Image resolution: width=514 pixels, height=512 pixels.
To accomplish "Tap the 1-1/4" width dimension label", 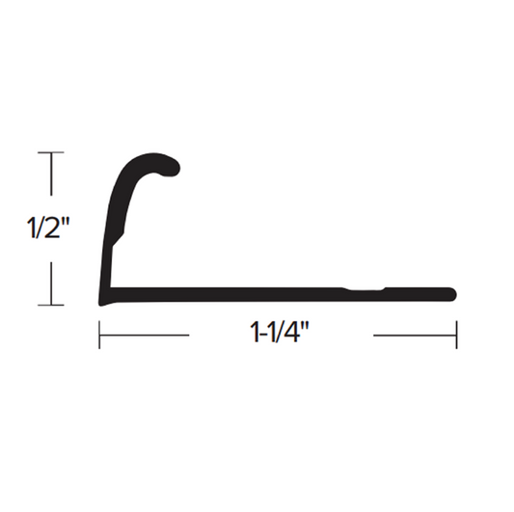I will pyautogui.click(x=280, y=336).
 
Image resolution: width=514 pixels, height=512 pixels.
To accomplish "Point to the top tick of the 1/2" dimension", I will pyautogui.click(x=51, y=152).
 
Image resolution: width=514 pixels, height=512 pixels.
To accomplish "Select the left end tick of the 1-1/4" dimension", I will pyautogui.click(x=100, y=336).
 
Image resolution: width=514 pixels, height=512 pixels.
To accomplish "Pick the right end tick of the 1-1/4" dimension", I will pyautogui.click(x=456, y=336).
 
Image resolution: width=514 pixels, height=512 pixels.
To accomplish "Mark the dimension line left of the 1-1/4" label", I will pyautogui.click(x=145, y=336).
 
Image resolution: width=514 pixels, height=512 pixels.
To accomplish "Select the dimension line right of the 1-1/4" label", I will pyautogui.click(x=415, y=336).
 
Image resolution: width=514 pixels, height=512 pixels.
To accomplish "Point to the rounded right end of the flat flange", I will pyautogui.click(x=450, y=293).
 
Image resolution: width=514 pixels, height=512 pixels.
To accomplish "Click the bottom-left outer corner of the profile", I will pyautogui.click(x=102, y=300).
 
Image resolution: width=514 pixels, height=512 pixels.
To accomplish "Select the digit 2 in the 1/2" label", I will pyautogui.click(x=56, y=229).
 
